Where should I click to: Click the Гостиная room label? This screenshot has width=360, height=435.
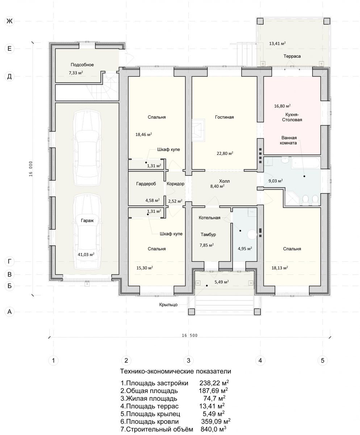tap(224, 117)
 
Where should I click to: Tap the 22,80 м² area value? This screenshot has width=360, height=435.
tap(225, 153)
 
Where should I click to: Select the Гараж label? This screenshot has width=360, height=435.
tap(87, 220)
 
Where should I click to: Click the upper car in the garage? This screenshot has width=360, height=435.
tap(87, 148)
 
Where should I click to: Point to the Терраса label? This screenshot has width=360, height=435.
tap(292, 56)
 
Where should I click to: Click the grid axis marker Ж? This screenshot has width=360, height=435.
tap(9, 21)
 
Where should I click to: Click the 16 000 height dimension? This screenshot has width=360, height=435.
tap(31, 169)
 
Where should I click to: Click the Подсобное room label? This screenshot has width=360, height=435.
tap(82, 65)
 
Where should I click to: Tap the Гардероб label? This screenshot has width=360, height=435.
tap(146, 184)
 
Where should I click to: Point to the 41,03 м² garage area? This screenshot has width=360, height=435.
tap(86, 254)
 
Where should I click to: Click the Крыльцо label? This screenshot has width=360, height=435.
tap(168, 304)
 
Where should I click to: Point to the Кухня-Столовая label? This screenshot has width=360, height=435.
tap(292, 117)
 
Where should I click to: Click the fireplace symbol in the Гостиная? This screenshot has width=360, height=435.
tap(198, 130)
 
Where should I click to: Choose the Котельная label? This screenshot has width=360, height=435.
tap(209, 218)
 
